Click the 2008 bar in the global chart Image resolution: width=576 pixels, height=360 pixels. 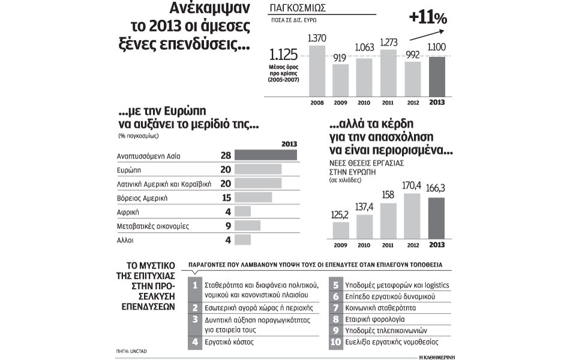[317, 70]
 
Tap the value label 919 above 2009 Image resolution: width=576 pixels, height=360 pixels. [341, 58]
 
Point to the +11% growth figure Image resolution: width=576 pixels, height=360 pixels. [428, 18]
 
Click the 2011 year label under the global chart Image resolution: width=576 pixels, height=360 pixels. [388, 103]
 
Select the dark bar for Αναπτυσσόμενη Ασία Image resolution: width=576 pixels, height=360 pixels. [265, 155]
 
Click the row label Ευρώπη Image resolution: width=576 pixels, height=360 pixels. [130, 170]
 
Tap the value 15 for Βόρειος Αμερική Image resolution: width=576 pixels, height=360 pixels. [226, 197]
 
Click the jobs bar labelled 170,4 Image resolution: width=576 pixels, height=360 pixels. [413, 215]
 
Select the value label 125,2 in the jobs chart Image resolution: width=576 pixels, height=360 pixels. [340, 214]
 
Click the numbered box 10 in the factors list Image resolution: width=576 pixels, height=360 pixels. [335, 343]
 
